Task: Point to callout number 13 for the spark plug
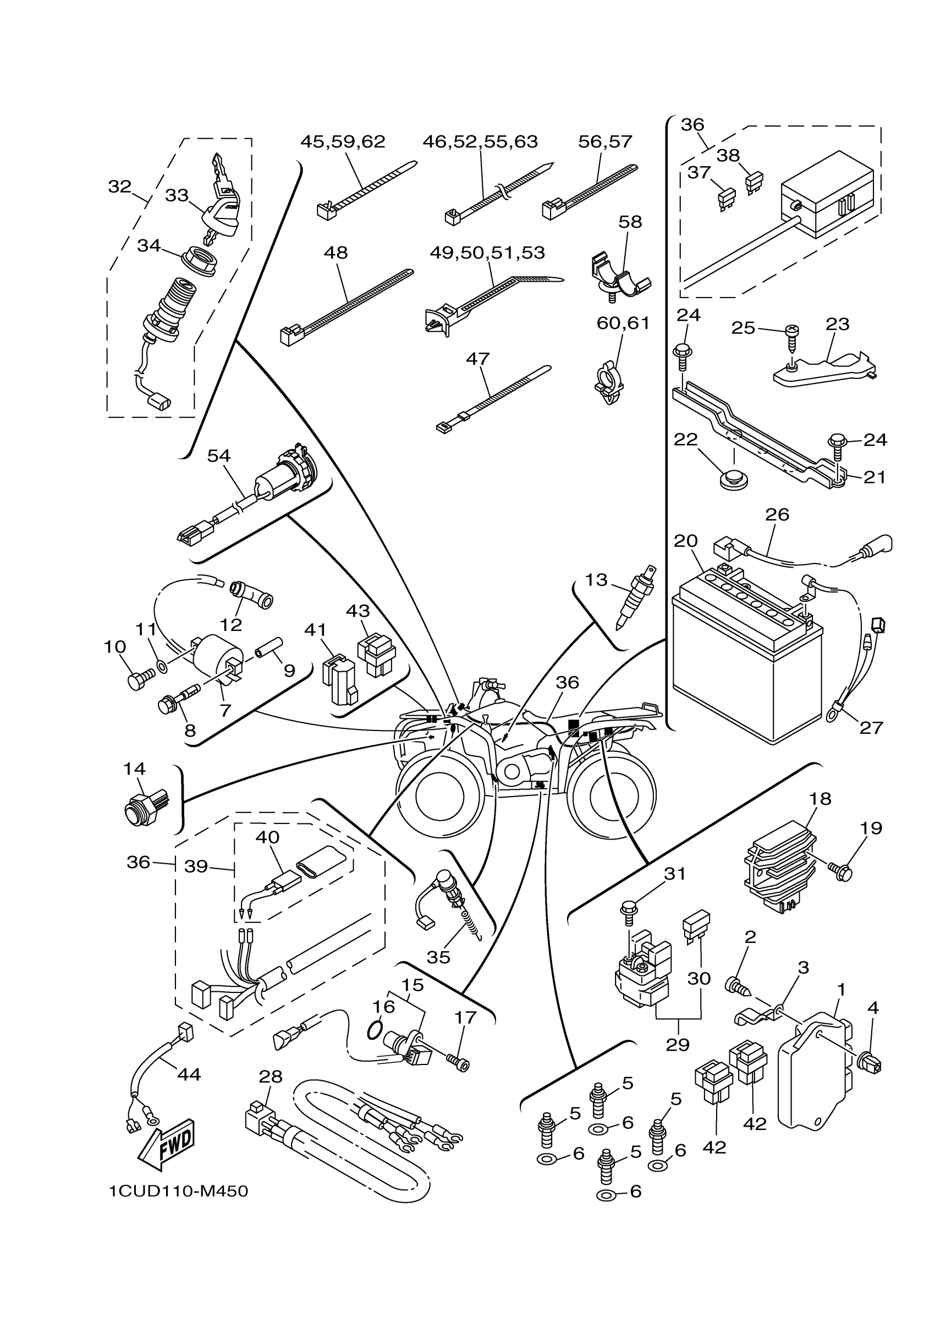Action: point(596,580)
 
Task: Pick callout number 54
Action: point(218,456)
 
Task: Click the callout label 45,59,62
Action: point(343,142)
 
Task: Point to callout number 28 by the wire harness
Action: point(270,1076)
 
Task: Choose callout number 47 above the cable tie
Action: point(477,359)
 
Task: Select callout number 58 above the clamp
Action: point(630,222)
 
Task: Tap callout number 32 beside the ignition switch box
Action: point(120,186)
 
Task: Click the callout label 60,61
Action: point(623,323)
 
